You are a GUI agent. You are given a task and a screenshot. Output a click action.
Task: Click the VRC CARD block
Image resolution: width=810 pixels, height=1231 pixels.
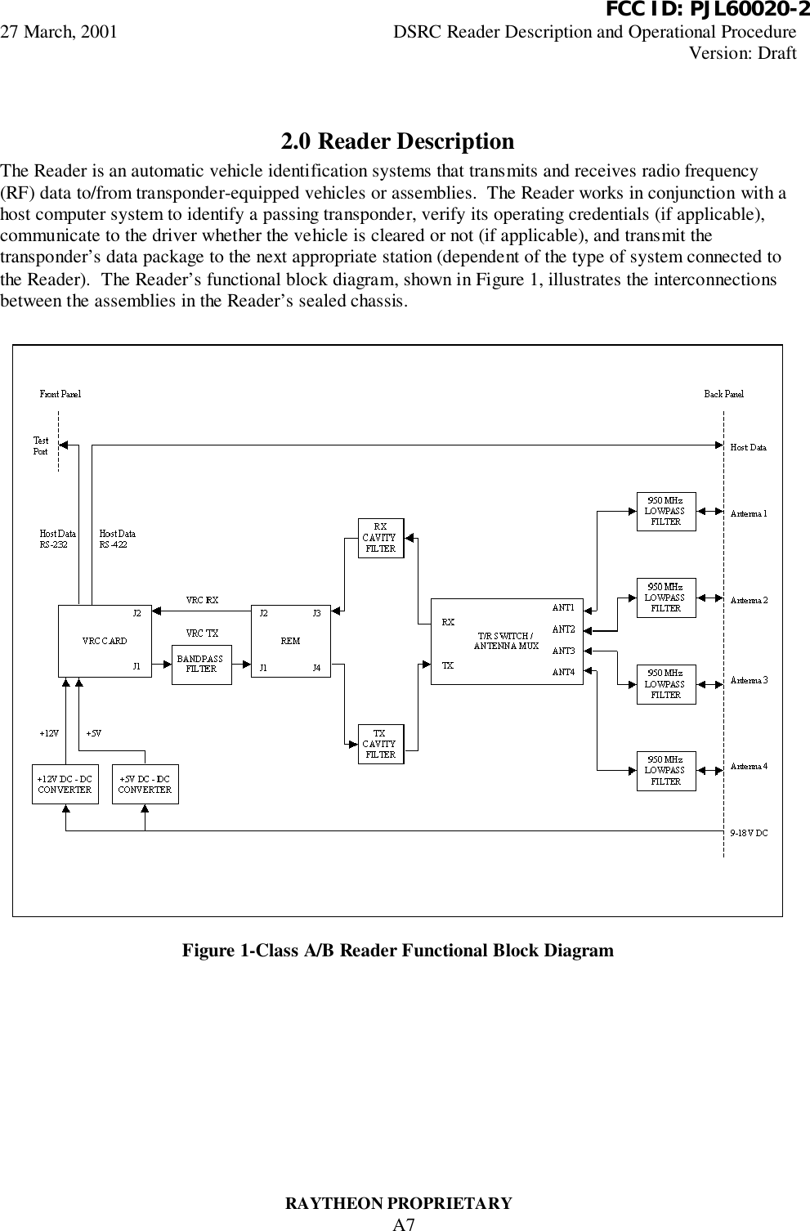[105, 641]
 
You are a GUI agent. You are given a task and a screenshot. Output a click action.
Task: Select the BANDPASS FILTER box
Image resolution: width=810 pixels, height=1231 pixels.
[201, 664]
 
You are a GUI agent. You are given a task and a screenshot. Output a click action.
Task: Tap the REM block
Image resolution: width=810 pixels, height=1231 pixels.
[290, 641]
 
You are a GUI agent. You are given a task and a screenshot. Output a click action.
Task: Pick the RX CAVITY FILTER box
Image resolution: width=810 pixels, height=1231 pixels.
[381, 538]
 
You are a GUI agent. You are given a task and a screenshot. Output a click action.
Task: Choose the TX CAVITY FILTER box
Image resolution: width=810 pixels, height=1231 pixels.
[381, 744]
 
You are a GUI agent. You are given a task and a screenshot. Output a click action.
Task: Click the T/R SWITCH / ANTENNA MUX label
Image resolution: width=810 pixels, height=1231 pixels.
[507, 641]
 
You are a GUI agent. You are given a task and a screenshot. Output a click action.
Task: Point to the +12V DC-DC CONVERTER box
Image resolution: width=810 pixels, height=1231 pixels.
[65, 785]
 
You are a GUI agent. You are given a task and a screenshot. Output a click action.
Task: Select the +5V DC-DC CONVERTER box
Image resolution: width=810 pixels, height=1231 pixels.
[145, 785]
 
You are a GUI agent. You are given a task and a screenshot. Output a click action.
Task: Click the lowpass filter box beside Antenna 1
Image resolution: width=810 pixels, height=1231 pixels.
[665, 511]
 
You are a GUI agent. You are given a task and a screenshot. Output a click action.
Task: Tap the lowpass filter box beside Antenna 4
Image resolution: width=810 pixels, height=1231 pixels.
[665, 771]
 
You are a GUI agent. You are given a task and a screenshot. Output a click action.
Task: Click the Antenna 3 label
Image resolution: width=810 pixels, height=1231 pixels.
[749, 680]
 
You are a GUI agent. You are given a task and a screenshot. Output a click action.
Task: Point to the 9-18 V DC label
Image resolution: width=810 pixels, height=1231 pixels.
[748, 833]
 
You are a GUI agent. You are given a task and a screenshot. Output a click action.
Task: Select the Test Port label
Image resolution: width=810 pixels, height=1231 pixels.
[41, 446]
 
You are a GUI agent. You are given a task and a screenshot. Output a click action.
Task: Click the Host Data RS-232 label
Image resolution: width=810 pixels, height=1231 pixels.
[58, 539]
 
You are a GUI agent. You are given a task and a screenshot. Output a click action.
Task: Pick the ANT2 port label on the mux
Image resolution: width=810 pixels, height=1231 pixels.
[564, 629]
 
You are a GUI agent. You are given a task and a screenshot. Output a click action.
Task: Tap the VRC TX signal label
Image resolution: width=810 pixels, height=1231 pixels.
[203, 633]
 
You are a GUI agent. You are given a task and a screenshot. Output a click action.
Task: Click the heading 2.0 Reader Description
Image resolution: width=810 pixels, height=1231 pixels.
[398, 142]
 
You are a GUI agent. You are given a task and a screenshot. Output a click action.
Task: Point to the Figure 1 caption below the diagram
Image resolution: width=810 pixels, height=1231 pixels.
[397, 951]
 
